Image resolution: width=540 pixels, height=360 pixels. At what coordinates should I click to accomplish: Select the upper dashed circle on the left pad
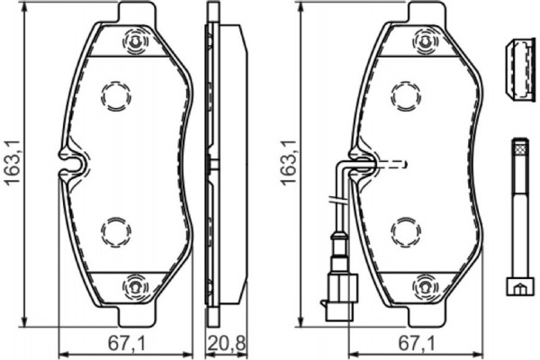click(x=116, y=94)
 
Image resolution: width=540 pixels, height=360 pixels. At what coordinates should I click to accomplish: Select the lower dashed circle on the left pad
click(x=116, y=231)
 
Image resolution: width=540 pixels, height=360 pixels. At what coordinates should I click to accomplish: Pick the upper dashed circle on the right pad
click(x=405, y=94)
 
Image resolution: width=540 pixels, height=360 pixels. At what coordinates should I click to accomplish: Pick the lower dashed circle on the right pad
click(x=405, y=231)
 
